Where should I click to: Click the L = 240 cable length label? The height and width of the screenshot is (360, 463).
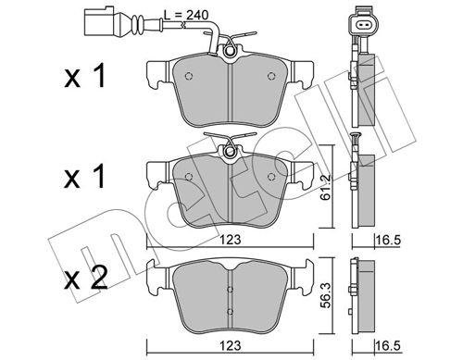(186, 16)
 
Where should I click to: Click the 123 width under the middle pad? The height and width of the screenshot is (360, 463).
(231, 241)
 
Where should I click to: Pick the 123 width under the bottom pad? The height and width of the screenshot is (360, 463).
(231, 346)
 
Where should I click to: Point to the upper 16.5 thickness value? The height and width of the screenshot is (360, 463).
(388, 241)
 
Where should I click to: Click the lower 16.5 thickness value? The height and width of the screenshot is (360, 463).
(388, 346)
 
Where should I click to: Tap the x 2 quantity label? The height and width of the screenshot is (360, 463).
(85, 278)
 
